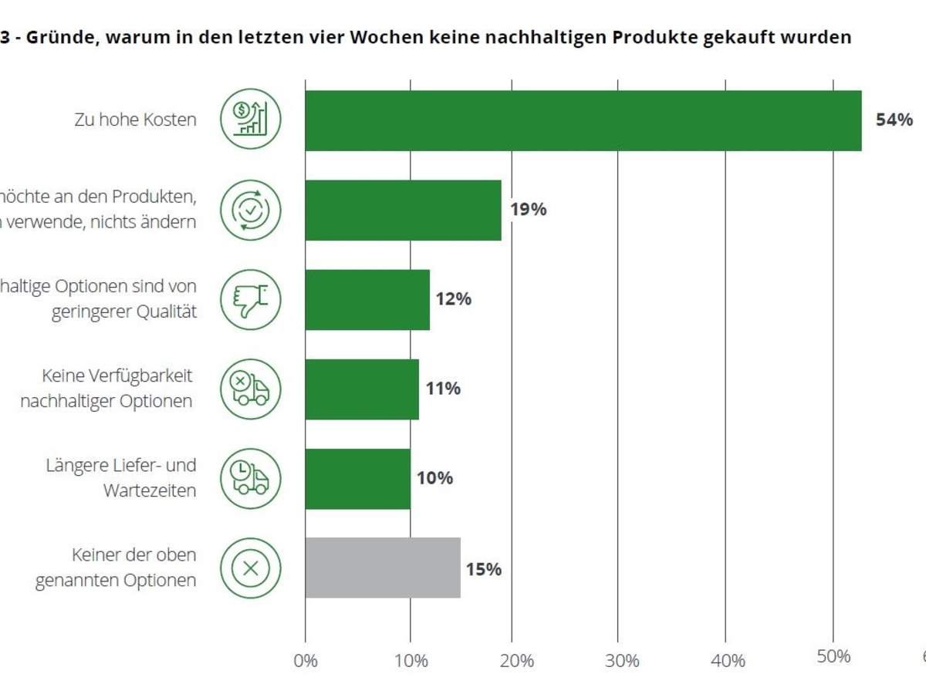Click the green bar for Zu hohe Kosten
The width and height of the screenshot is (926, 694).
pos(583,120)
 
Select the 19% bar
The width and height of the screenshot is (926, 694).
pos(403,210)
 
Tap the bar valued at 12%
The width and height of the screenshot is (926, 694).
pos(367,299)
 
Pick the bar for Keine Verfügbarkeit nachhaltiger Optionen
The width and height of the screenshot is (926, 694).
pos(362,389)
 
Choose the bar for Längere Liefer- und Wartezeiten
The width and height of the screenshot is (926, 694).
pos(357,478)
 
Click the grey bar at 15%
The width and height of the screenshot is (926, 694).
pos(383,568)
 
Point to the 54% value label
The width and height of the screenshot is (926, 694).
pos(894,120)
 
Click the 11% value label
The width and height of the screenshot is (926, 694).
pos(443,389)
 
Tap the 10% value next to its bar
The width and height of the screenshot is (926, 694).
pos(434,478)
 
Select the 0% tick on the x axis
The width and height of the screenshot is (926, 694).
pos(306,661)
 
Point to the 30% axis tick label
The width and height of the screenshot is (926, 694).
pos(622,661)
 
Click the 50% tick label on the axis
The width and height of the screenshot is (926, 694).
pos(833,656)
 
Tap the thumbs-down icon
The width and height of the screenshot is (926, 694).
pos(251,299)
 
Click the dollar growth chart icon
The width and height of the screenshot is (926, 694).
pos(251,120)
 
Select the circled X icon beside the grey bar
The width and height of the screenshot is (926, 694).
pos(251,568)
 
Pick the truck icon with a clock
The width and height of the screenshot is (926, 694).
pos(251,478)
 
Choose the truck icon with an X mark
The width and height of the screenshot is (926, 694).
pos(251,389)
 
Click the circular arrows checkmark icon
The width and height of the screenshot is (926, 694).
pos(251,210)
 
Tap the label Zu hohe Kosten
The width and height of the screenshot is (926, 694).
pos(135,120)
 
